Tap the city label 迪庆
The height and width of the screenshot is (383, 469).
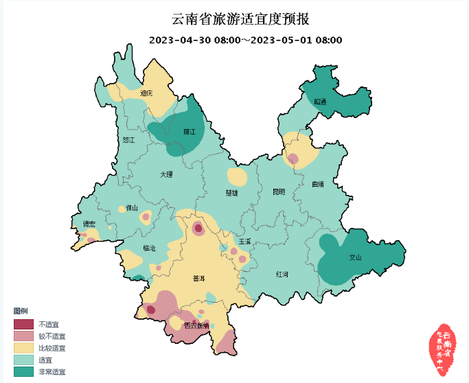pos(146,93)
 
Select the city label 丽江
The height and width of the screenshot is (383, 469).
pos(190,131)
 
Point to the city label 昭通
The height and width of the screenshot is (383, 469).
pos(321,102)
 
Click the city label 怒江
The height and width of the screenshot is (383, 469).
pos(129,139)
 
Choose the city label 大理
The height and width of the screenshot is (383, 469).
pos(166,174)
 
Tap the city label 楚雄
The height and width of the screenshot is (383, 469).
pos(231,193)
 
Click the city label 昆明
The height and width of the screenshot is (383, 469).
pos(278,191)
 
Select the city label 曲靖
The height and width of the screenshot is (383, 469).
pos(317,184)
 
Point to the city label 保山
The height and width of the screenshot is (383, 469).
pos(132,207)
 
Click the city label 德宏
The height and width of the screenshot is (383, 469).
pos(89,224)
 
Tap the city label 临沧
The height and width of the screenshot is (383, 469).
pos(149,247)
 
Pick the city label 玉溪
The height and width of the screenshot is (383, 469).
pos(245,241)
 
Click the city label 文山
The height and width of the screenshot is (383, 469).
pos(355,258)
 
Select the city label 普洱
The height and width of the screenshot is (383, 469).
pos(199,278)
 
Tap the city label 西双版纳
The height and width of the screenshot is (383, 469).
pos(196,325)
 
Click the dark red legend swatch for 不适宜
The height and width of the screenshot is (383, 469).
pos(24,324)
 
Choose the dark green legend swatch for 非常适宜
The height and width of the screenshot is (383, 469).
pos(24,371)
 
